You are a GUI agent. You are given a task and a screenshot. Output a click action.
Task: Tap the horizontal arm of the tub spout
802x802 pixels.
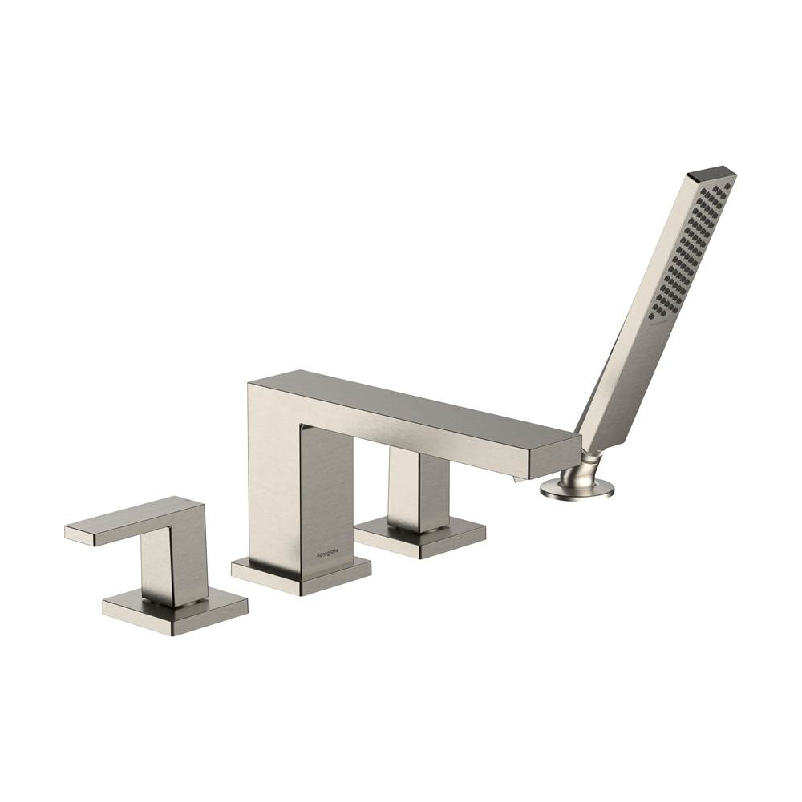417,417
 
